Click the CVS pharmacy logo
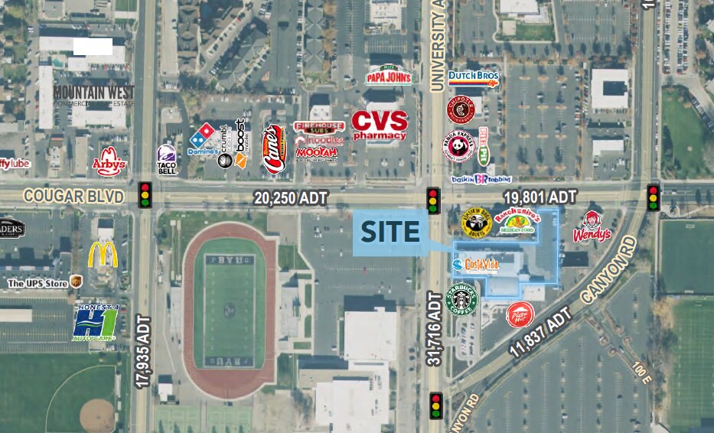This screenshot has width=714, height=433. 380,127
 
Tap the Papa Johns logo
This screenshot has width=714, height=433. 389,75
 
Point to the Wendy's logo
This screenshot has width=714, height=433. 592,227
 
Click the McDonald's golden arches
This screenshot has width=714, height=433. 103,255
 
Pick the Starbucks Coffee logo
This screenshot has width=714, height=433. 462,300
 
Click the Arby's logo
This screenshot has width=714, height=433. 109,162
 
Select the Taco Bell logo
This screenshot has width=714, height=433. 167,160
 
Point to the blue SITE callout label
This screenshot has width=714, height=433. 390,232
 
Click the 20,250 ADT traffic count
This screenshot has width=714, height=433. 291,198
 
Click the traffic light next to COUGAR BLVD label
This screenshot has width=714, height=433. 145,194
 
